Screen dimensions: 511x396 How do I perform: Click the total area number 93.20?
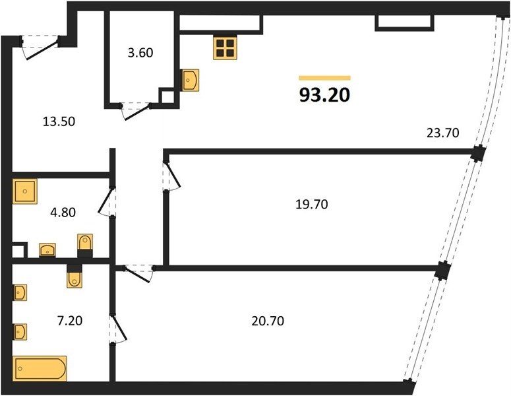pyautogui.click(x=324, y=95)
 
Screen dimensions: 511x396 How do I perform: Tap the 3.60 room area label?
pyautogui.click(x=140, y=53)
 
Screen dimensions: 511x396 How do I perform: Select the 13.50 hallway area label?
pyautogui.click(x=59, y=121)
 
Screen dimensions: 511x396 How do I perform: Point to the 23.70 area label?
pyautogui.click(x=443, y=133)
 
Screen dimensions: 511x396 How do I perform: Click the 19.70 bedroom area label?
pyautogui.click(x=312, y=205)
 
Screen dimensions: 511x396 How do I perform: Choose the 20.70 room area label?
pyautogui.click(x=268, y=321)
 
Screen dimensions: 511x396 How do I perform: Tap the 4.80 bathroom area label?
pyautogui.click(x=63, y=213)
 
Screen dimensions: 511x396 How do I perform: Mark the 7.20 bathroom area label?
pyautogui.click(x=70, y=321)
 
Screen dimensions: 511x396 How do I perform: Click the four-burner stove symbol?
pyautogui.click(x=225, y=48)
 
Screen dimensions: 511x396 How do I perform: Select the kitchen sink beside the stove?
pyautogui.click(x=190, y=80)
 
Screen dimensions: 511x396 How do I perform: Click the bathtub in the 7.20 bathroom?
pyautogui.click(x=40, y=368)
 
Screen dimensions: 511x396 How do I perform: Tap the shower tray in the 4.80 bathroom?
pyautogui.click(x=25, y=191)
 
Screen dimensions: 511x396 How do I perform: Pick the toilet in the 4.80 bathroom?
pyautogui.click(x=85, y=246)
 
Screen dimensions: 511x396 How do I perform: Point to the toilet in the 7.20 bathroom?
pyautogui.click(x=75, y=276)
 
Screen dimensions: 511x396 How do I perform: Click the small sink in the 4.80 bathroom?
pyautogui.click(x=47, y=250)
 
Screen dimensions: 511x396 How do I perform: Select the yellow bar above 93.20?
pyautogui.click(x=324, y=78)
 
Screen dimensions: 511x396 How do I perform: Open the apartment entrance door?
pyautogui.click(x=40, y=47)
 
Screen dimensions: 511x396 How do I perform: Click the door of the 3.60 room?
pyautogui.click(x=136, y=111)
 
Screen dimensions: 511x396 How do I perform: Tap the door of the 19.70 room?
pyautogui.click(x=171, y=175)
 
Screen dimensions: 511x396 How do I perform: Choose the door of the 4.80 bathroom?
pyautogui.click(x=107, y=201)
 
